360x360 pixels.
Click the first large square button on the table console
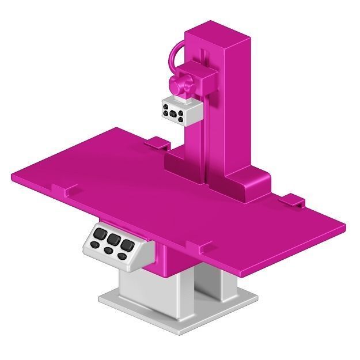[x=101, y=234]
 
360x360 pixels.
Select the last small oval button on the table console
[x=122, y=256]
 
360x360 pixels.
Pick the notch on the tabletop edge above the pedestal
[x=202, y=249]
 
